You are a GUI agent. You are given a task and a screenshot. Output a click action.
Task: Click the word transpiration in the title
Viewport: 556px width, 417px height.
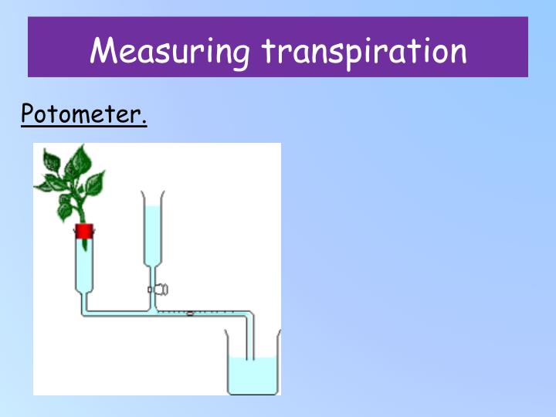point(364,51)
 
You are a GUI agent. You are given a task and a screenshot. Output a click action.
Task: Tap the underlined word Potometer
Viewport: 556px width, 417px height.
point(83,115)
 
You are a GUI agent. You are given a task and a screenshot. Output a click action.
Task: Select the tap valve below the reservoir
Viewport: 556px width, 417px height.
point(161,290)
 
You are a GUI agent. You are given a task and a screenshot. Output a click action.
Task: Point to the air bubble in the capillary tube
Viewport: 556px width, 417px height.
point(190,313)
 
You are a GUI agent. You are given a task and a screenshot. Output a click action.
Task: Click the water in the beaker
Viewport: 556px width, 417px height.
point(252,375)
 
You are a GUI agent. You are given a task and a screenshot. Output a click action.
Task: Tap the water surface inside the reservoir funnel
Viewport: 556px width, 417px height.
point(152,207)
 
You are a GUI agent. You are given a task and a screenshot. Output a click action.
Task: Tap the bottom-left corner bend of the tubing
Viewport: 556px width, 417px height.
point(84,313)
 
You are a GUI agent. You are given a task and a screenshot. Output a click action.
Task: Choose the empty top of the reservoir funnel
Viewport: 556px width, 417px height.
point(152,198)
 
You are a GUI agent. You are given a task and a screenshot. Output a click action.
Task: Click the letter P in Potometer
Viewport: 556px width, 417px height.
point(28,115)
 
